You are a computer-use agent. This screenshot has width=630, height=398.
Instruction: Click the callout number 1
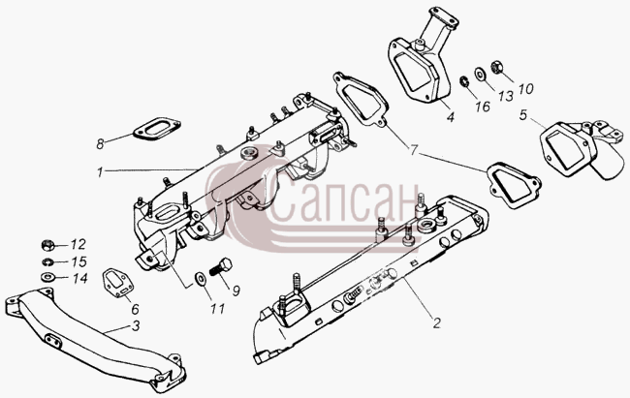[100, 172]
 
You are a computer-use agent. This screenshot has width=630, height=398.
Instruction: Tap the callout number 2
[437, 322]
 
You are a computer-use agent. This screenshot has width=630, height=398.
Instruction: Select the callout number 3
[136, 325]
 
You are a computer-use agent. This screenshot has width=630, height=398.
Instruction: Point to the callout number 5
[522, 115]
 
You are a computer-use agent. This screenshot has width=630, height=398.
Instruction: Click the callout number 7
[414, 150]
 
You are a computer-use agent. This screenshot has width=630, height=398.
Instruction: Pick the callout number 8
[100, 143]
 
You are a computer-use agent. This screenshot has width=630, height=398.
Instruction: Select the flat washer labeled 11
[200, 278]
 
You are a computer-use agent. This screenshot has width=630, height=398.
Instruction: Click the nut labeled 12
[47, 244]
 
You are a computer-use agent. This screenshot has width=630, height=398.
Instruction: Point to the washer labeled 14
[47, 277]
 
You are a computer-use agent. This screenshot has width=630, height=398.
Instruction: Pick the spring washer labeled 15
[47, 262]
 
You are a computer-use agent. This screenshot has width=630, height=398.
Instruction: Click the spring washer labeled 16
[464, 81]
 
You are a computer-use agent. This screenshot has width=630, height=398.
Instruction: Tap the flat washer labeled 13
[480, 73]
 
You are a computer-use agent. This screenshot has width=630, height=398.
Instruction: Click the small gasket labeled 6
[116, 284]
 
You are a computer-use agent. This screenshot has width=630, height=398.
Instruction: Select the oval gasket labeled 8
[157, 129]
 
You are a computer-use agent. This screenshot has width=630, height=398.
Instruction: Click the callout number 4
[451, 117]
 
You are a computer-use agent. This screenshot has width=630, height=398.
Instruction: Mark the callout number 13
[506, 96]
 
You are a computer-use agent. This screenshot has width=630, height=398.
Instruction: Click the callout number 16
[483, 106]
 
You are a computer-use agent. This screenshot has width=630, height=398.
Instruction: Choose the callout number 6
[135, 309]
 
